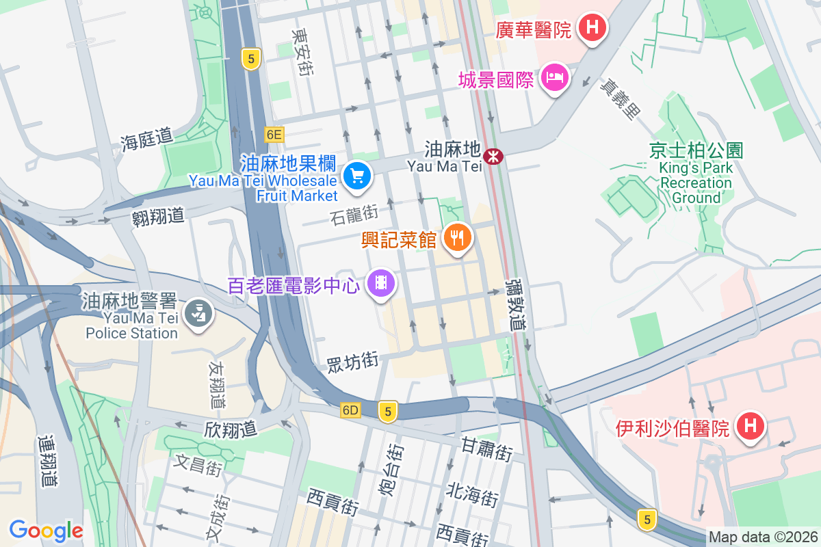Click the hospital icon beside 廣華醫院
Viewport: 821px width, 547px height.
[x=592, y=28]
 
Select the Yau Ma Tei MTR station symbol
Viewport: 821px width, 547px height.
[x=492, y=156]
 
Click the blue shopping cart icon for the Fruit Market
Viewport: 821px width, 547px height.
[x=356, y=176]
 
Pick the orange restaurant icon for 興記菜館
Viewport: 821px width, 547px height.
[x=456, y=237]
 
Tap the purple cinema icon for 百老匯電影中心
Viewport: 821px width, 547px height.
[x=382, y=282]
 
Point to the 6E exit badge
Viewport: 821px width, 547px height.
[x=274, y=135]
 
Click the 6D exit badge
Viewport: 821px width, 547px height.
[x=350, y=410]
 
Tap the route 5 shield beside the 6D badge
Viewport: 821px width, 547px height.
[x=388, y=411]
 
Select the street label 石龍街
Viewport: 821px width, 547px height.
[x=354, y=215]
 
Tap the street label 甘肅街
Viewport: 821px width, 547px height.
[x=486, y=449]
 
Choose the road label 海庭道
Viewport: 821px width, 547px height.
[x=146, y=139]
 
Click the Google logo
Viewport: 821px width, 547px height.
[x=46, y=530]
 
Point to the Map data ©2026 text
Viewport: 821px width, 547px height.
[x=763, y=537]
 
